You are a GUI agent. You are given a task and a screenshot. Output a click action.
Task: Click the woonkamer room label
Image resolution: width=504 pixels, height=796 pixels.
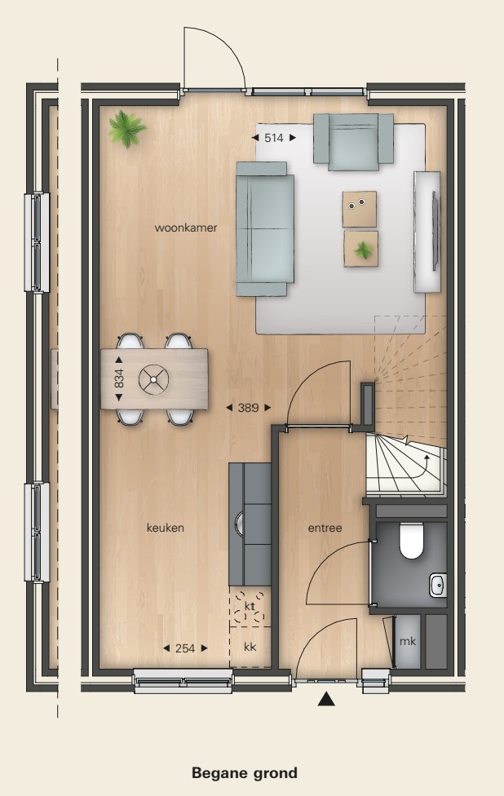coord(186,228)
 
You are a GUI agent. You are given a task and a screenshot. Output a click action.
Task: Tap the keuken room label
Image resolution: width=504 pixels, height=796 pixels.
coord(166,528)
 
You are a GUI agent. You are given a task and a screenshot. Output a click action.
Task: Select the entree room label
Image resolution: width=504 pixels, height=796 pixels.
coord(325,528)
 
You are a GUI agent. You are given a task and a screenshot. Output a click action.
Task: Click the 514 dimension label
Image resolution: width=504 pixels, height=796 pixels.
coord(274,138)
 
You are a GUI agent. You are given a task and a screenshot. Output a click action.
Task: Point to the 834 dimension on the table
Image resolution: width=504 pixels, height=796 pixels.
coord(120,379)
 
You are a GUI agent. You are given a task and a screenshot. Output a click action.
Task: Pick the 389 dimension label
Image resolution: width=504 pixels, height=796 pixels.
coord(248,407)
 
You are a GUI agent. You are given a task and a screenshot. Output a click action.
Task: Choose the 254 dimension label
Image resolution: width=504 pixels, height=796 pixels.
coord(185,648)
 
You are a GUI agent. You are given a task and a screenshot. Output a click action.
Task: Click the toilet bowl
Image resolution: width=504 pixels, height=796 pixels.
coord(412,542)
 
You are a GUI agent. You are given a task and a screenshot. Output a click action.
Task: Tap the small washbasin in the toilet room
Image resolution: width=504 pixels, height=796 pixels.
coord(438,584)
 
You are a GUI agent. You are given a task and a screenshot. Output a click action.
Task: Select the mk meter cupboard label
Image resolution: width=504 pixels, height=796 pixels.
coord(408,641)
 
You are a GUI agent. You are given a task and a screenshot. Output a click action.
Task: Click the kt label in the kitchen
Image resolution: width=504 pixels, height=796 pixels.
coord(250,607)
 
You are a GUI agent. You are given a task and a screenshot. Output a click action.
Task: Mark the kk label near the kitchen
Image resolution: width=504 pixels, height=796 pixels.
coord(250,647)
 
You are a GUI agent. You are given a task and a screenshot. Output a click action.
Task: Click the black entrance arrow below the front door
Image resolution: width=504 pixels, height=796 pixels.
coord(326,698)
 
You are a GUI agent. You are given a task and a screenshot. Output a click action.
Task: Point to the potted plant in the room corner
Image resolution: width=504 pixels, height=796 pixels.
coord(126,127)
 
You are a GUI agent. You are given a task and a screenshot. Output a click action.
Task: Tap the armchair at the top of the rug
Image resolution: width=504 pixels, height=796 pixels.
coord(353,142)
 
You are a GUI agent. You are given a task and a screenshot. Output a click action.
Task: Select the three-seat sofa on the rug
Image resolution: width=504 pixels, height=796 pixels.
coord(264,228)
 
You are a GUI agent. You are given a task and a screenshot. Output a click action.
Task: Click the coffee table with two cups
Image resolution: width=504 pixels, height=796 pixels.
coord(360,209)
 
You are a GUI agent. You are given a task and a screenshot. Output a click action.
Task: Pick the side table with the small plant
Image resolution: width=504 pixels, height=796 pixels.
coord(361,248)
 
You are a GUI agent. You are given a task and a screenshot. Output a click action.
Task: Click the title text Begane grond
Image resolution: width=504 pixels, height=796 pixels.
coord(245,772)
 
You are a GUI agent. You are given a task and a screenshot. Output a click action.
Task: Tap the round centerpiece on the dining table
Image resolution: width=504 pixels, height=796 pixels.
coord(153,379)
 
